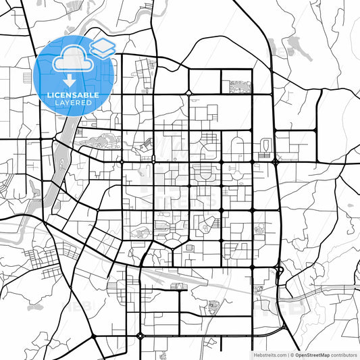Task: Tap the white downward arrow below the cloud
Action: point(70,81)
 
